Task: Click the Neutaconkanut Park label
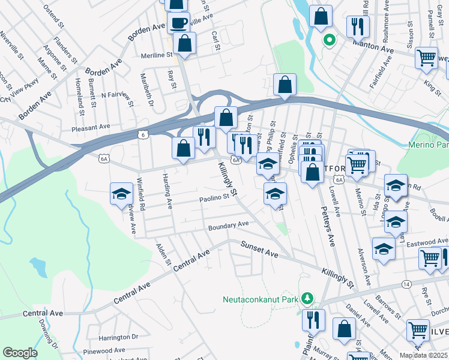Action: click(x=261, y=299)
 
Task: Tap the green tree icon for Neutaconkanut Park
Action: click(x=307, y=298)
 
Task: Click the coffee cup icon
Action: click(x=178, y=23)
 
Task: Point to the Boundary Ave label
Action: click(x=228, y=225)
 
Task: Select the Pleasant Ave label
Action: click(x=91, y=127)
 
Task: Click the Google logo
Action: click(x=20, y=353)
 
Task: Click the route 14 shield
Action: click(x=407, y=283)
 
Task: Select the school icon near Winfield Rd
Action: click(x=121, y=194)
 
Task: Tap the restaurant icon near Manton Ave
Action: click(x=358, y=26)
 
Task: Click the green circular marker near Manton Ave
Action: click(x=328, y=41)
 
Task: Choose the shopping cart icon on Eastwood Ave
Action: click(x=430, y=259)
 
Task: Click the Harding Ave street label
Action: click(x=167, y=190)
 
